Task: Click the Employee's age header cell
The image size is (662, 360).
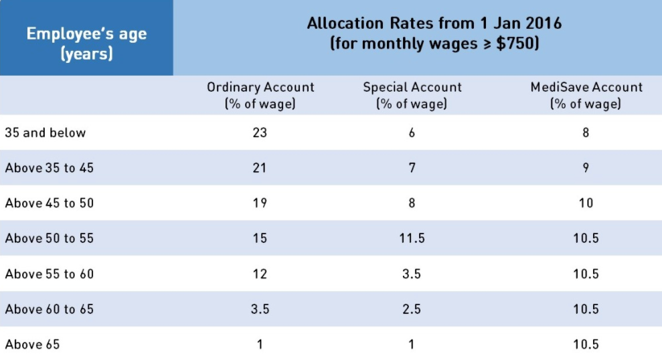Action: pos(86,43)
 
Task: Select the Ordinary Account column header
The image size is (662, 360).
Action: pos(260,95)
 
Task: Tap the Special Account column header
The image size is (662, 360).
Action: pos(412,95)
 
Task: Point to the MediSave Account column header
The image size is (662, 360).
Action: pos(586,95)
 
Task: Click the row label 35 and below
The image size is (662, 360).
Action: pos(46,132)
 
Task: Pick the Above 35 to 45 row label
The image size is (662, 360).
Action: pos(50,168)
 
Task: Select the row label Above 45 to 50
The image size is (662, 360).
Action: pos(50,203)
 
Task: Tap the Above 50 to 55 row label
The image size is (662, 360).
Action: pos(50,238)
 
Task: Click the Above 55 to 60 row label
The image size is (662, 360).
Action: pos(50,274)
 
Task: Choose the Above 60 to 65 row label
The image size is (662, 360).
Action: pos(50,309)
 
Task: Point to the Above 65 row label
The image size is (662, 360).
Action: pos(32,345)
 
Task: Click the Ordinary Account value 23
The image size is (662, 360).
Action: pos(260,132)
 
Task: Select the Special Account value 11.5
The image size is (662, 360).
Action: pos(412,238)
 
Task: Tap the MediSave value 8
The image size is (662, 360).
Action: pos(586,132)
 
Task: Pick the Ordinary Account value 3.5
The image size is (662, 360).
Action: pos(260,309)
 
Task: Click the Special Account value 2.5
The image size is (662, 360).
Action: pos(412,309)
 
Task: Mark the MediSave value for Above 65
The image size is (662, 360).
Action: pos(586,345)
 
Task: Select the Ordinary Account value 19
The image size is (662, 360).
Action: pos(260,203)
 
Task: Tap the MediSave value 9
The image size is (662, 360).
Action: pos(586,168)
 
